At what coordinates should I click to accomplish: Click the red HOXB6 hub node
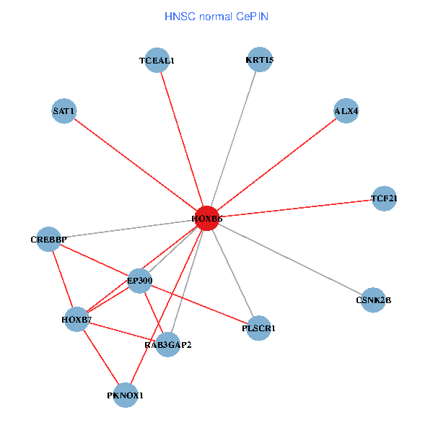point(206,218)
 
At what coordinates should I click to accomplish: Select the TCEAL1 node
point(157,61)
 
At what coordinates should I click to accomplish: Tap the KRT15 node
point(259,60)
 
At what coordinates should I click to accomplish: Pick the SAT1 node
point(64,111)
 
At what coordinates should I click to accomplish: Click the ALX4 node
point(346,111)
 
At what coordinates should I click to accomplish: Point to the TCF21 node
point(384,198)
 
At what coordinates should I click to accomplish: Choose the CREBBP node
point(48,239)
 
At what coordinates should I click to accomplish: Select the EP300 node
point(139,280)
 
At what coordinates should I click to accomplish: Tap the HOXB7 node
point(76,319)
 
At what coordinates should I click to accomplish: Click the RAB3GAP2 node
point(167,344)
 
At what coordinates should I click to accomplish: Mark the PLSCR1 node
point(258,328)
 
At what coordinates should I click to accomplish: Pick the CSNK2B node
point(373,299)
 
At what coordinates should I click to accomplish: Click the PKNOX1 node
point(126,395)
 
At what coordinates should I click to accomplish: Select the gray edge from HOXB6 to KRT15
point(233,139)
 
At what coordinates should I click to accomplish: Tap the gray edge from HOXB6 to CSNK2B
point(290,259)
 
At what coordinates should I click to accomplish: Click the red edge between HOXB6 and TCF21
point(295,208)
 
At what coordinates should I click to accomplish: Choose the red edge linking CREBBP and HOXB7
point(62,279)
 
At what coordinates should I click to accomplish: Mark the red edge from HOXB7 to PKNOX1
point(101,357)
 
